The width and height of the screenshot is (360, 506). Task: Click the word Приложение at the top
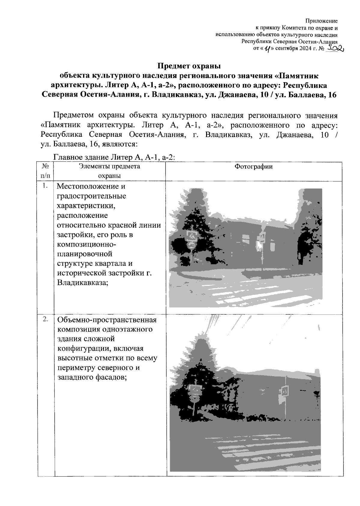pos(321,21)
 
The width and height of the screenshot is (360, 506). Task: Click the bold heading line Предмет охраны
pos(189,66)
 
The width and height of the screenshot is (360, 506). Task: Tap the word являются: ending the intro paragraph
pos(121,144)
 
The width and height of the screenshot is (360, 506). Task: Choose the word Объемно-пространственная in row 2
pos(106,319)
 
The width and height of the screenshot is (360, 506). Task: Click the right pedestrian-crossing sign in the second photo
pos(284,391)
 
